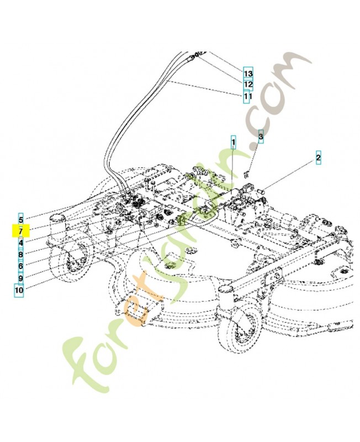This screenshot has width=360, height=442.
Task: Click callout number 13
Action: click(248, 73)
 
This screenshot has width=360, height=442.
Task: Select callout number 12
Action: click(248, 85)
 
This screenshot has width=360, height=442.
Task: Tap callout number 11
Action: click(248, 96)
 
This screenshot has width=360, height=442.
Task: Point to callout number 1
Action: click(234, 143)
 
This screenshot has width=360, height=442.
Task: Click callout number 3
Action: click(262, 135)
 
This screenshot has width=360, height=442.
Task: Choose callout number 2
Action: click(318, 159)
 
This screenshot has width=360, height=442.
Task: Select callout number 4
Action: click(20, 243)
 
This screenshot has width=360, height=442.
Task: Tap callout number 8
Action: click(20, 254)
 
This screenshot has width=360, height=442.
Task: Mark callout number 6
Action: click(20, 266)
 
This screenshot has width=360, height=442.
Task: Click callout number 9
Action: click(20, 277)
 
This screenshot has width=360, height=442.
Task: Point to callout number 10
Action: click(19, 290)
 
